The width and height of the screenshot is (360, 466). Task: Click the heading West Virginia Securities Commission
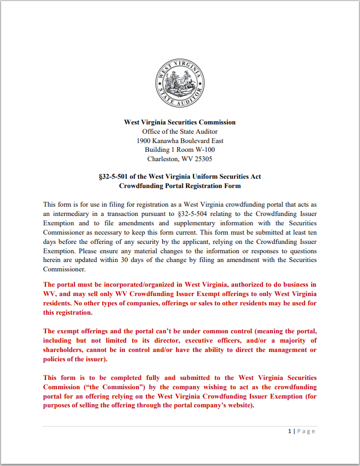click(x=180, y=122)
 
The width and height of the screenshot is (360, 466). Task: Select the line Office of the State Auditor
click(x=180, y=132)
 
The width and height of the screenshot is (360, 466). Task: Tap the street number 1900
click(x=144, y=141)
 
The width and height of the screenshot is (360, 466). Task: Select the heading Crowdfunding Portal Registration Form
click(x=180, y=186)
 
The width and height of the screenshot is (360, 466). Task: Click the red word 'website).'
click(x=238, y=406)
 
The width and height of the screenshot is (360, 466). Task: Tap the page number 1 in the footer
click(x=290, y=431)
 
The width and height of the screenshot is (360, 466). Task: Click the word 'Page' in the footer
click(x=306, y=431)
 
